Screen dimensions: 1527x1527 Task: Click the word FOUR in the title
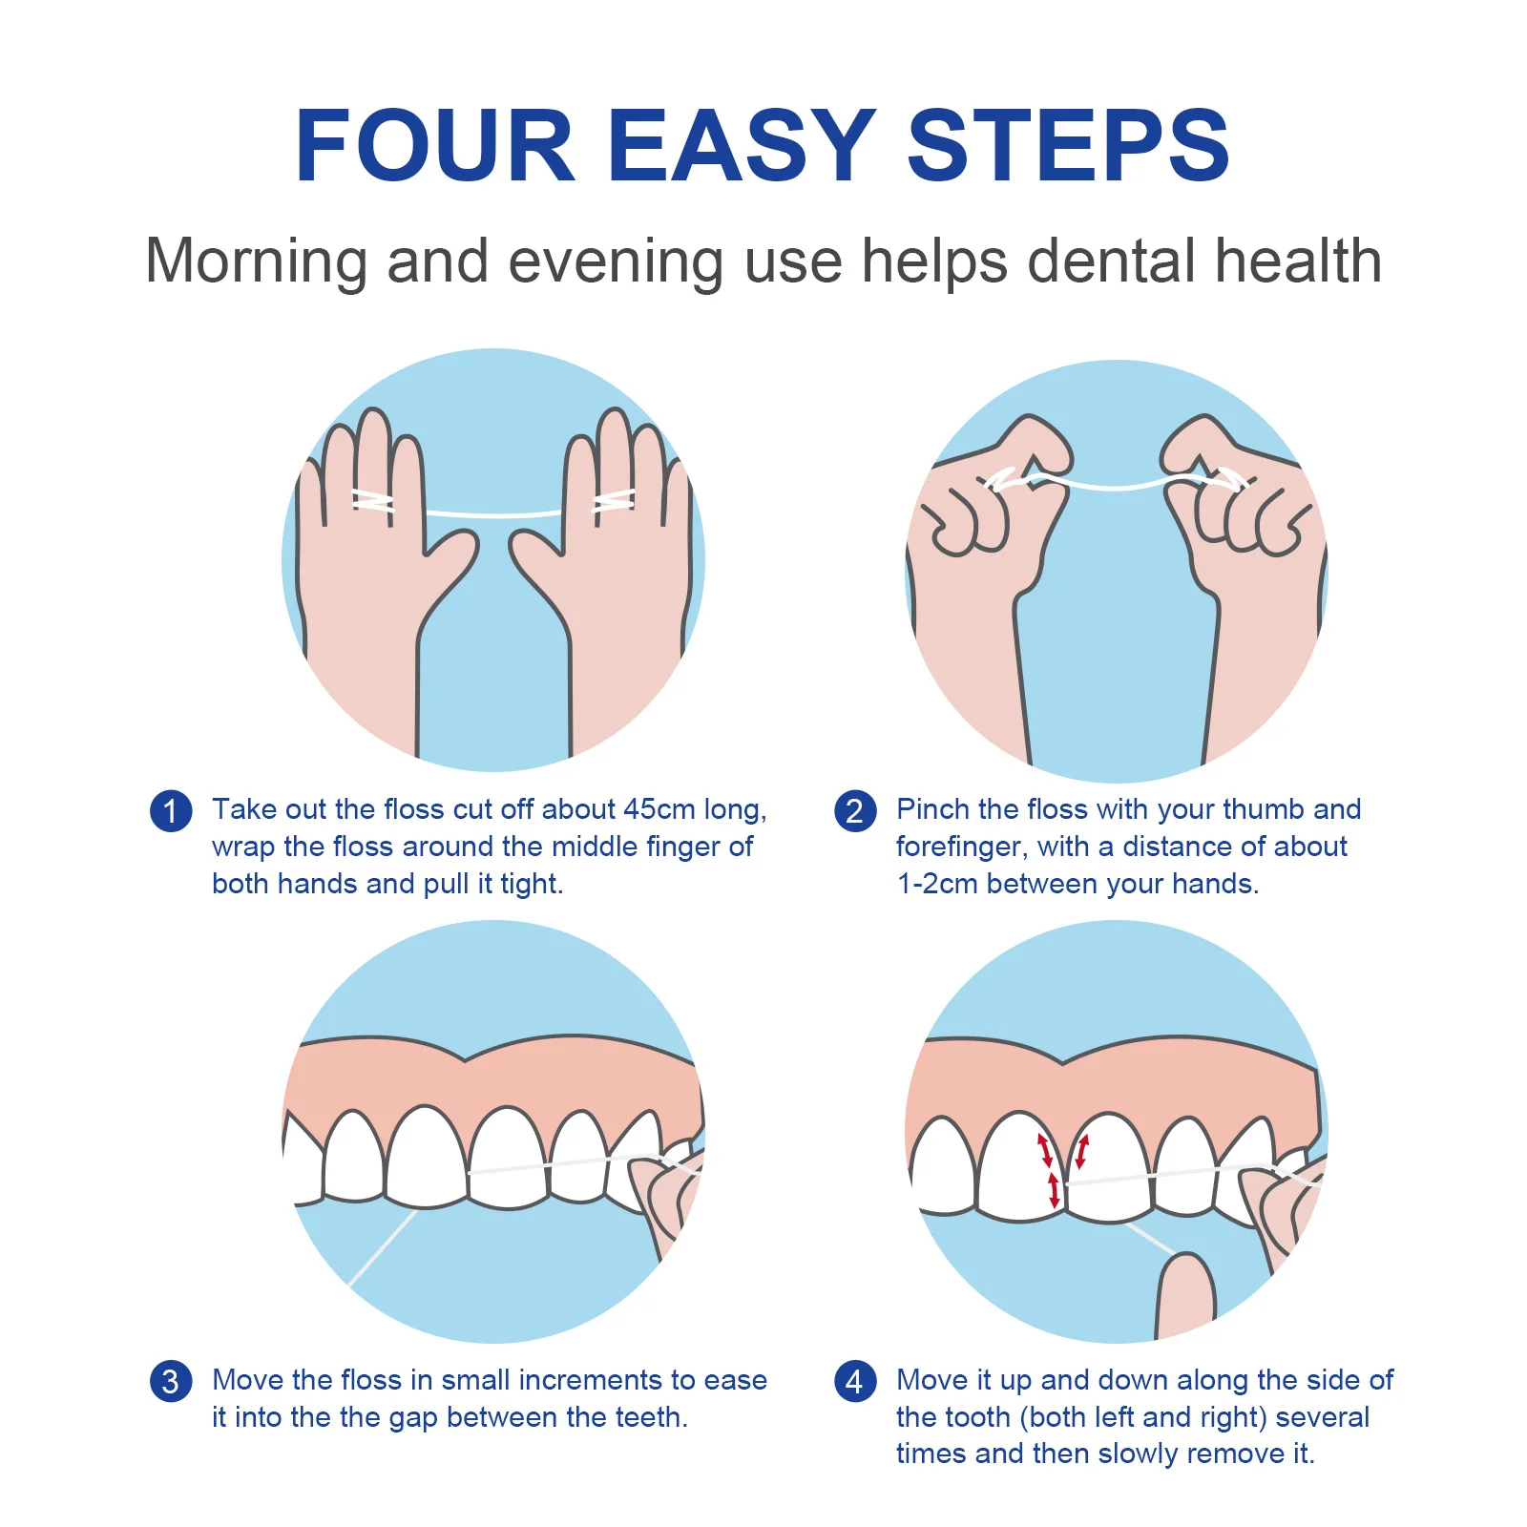(434, 145)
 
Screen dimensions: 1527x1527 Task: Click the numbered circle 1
(171, 811)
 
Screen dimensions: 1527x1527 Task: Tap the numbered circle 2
(854, 811)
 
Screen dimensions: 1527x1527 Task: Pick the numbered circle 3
(171, 1381)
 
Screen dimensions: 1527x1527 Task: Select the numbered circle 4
(854, 1381)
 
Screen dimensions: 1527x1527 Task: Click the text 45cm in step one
(659, 809)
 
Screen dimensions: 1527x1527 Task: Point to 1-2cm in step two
(937, 884)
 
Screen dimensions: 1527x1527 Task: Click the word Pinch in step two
(932, 809)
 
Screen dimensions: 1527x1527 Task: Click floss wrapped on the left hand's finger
(372, 501)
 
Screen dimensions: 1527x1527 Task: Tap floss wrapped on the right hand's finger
(614, 501)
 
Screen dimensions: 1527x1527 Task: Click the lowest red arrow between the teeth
(1054, 1191)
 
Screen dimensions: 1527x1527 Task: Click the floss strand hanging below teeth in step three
(382, 1250)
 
